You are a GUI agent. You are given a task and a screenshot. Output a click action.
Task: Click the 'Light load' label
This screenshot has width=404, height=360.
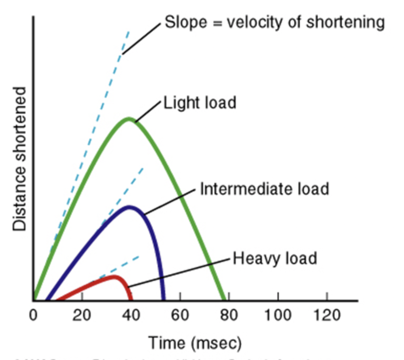[x=200, y=103]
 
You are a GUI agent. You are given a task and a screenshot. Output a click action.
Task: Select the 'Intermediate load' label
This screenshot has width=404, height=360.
[x=264, y=189]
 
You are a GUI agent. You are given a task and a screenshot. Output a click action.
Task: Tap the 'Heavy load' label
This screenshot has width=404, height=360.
[x=275, y=258]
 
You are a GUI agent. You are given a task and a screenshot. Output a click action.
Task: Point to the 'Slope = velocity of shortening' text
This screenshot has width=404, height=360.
[x=275, y=22]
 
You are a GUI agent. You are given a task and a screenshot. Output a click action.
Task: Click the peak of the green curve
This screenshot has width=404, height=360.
[x=129, y=119]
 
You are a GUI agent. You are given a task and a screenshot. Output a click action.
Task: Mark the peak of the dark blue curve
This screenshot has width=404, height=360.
[x=129, y=207]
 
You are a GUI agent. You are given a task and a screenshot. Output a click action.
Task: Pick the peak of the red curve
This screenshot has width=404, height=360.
[x=114, y=276]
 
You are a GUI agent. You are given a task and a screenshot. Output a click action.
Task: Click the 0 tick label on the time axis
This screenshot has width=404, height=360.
[x=33, y=315]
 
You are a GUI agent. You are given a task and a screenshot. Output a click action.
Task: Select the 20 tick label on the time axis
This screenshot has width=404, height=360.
[x=82, y=315]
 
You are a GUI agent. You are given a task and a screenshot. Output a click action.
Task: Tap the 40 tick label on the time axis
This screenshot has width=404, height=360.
[x=131, y=315]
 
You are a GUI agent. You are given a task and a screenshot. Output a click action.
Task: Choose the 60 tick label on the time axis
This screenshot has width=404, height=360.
[x=180, y=315]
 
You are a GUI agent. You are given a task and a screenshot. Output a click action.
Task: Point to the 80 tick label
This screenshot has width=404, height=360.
[x=229, y=315]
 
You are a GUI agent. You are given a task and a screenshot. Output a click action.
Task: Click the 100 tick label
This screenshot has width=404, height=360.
[x=278, y=315]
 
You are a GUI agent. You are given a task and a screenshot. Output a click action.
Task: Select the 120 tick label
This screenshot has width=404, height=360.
[x=327, y=315]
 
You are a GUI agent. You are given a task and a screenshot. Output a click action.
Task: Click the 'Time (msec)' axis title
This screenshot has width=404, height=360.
[x=195, y=343]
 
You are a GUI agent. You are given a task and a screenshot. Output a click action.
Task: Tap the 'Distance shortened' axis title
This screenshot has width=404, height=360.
[x=19, y=159]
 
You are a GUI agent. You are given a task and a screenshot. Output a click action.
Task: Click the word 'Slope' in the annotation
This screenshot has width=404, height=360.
[x=186, y=22]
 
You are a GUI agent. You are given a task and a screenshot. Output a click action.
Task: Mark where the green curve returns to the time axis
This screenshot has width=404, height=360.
[x=224, y=299]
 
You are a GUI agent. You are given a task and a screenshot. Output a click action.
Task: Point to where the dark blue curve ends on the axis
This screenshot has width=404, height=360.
[x=163, y=299]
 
